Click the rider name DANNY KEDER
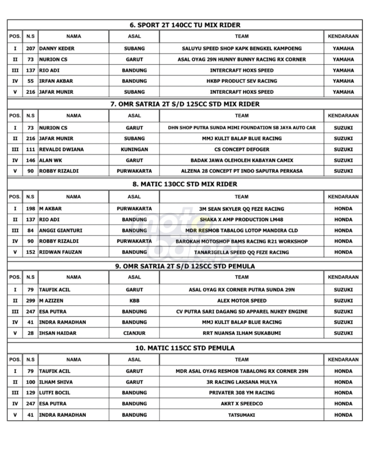coord(57,48)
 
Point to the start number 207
coord(31,48)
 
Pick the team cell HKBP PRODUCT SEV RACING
coord(242,81)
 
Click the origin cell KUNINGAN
coord(134,149)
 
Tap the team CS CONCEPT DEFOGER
coord(242,149)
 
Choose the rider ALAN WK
coord(51,160)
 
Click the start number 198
coord(31,209)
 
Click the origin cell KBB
coord(134,301)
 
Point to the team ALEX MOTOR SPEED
coord(242,301)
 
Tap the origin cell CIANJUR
coord(134,333)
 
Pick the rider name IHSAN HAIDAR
coord(58,333)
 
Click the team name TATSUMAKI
coord(242,415)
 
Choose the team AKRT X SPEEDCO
coord(242,404)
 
